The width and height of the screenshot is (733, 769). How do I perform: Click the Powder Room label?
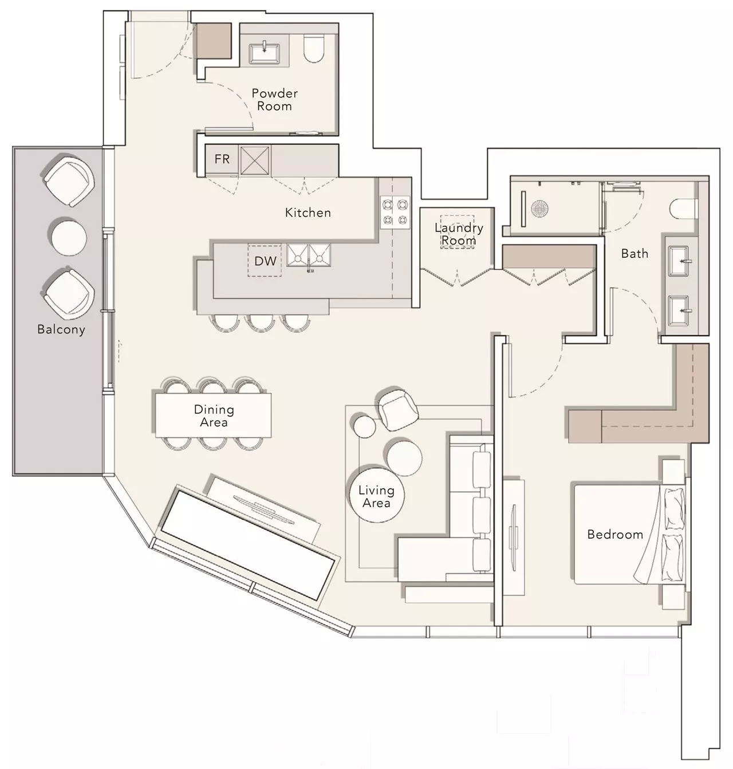pyautogui.click(x=274, y=99)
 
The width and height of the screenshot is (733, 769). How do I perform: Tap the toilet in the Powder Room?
pyautogui.click(x=313, y=49)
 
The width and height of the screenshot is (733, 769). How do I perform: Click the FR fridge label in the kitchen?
pyautogui.click(x=222, y=159)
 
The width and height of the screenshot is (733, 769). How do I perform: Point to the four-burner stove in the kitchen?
pyautogui.click(x=395, y=212)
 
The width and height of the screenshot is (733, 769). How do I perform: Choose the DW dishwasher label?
pyautogui.click(x=266, y=261)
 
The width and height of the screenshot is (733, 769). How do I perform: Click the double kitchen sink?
pyautogui.click(x=309, y=256)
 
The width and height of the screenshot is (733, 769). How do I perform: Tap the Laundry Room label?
pyautogui.click(x=459, y=234)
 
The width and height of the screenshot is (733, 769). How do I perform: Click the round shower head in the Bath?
pyautogui.click(x=539, y=208)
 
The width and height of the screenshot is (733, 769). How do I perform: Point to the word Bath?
pyautogui.click(x=635, y=253)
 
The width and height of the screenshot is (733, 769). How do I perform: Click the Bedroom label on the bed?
pyautogui.click(x=615, y=534)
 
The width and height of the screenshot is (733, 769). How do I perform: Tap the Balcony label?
pyautogui.click(x=61, y=329)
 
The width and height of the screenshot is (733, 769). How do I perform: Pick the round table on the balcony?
pyautogui.click(x=69, y=237)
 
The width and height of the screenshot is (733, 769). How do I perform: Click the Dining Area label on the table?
pyautogui.click(x=214, y=415)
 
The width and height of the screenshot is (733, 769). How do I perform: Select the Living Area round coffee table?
pyautogui.click(x=376, y=493)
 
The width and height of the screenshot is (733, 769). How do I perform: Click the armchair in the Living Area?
pyautogui.click(x=397, y=410)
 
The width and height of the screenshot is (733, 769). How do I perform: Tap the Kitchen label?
pyautogui.click(x=308, y=213)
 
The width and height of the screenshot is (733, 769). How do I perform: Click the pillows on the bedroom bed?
pyautogui.click(x=674, y=534)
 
